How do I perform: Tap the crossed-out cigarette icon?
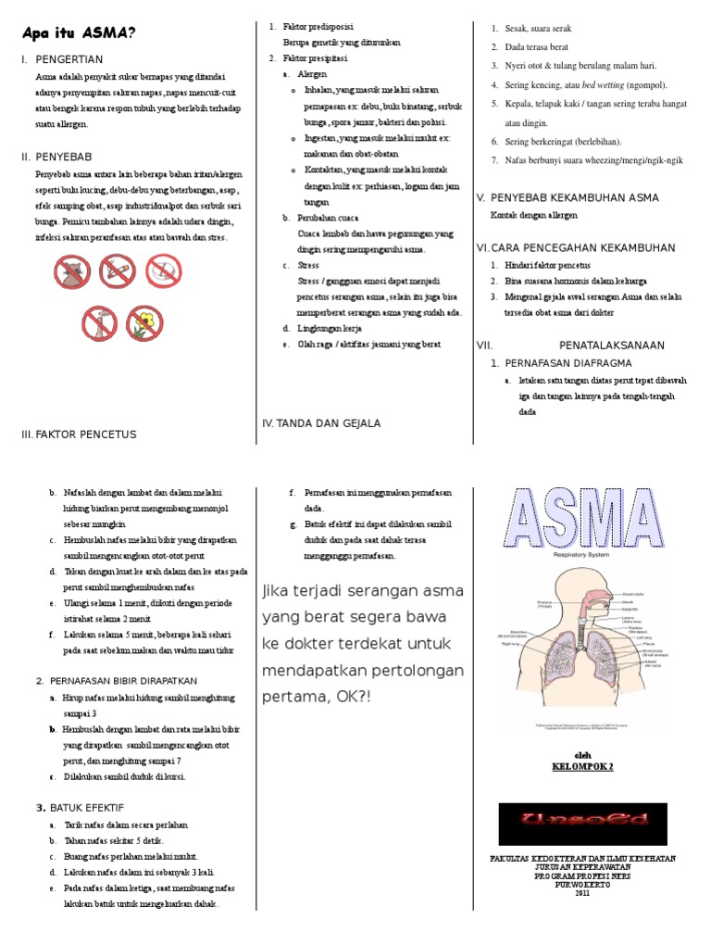click(115, 271)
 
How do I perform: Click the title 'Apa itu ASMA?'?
click(78, 34)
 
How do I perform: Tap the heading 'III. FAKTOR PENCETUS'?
click(79, 434)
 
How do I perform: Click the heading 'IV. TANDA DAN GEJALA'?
click(321, 423)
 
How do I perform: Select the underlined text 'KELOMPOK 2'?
click(583, 767)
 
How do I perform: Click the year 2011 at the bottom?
click(582, 893)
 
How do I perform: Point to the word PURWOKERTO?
click(582, 884)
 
